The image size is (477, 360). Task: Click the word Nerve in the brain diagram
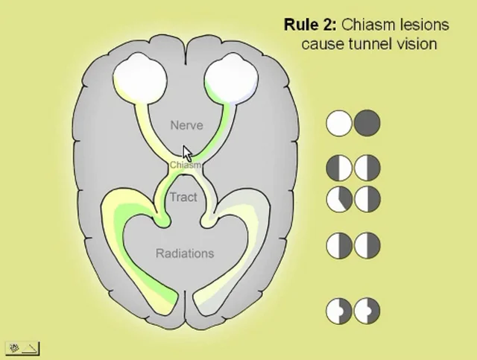click(x=186, y=125)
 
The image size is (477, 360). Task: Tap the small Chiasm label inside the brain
click(x=185, y=165)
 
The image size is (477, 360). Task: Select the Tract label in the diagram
click(x=183, y=197)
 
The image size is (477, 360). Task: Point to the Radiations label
click(x=185, y=253)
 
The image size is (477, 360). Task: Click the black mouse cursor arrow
click(x=187, y=153)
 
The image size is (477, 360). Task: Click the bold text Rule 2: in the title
click(x=310, y=25)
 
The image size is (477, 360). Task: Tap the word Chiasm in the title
click(x=363, y=25)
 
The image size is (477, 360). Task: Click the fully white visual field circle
click(x=339, y=123)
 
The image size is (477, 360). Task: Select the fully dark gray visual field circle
click(x=367, y=123)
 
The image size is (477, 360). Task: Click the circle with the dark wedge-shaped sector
click(x=339, y=198)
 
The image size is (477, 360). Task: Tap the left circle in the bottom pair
click(x=339, y=311)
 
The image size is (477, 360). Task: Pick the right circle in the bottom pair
click(x=367, y=311)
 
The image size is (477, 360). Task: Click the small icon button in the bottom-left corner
click(x=22, y=348)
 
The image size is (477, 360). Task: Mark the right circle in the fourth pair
click(x=367, y=245)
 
